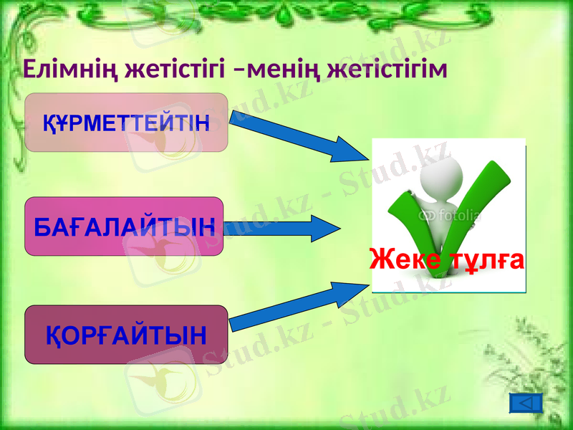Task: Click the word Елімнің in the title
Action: coord(70,69)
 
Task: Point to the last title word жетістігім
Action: coord(387,69)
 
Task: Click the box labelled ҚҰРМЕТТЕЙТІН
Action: coord(126,123)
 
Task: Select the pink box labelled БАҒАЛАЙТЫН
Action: coord(124,227)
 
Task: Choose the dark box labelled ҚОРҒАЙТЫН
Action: coord(126,334)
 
